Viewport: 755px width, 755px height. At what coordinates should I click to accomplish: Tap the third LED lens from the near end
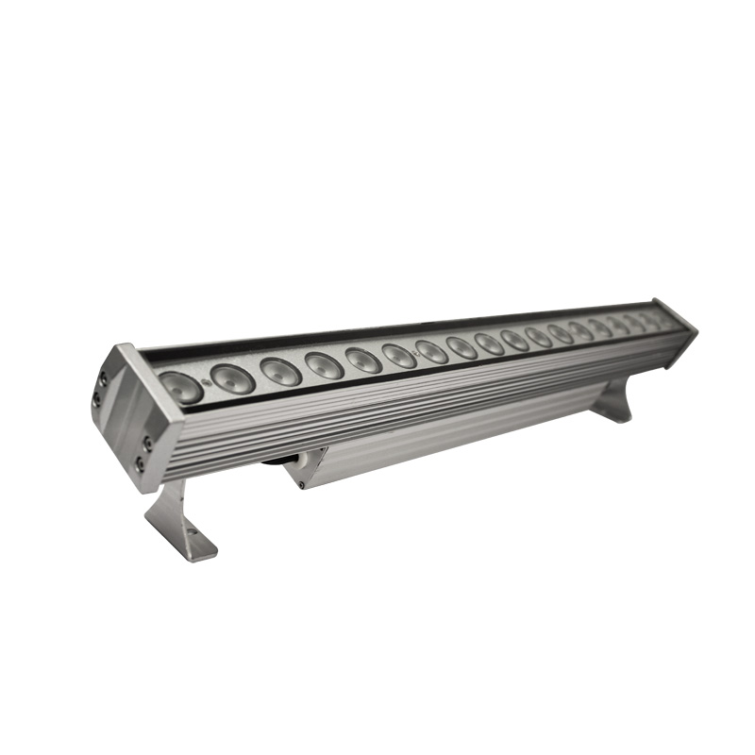280,371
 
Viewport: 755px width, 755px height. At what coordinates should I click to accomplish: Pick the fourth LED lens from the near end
324,364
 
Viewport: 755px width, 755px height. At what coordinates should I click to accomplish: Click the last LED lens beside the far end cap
663,320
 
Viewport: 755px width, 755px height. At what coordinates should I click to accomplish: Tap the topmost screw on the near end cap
103,377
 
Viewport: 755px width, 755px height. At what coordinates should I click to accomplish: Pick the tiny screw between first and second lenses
205,379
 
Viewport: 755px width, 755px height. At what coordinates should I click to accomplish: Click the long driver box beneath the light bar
425,445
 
